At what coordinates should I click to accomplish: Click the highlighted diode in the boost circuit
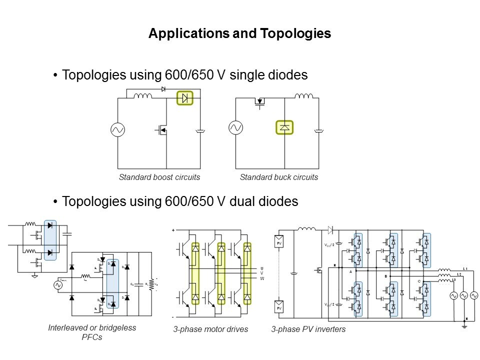click(185, 98)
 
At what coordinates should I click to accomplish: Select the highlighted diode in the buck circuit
click(284, 127)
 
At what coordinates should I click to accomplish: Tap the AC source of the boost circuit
click(117, 130)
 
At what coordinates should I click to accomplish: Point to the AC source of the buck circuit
click(235, 128)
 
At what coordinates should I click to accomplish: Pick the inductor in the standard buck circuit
click(303, 96)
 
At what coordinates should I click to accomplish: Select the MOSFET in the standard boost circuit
click(161, 131)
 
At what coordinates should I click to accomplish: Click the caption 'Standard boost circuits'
click(159, 177)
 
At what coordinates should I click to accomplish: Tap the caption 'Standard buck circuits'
click(279, 177)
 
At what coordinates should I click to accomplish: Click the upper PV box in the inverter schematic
click(280, 242)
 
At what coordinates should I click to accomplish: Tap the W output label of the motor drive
click(261, 278)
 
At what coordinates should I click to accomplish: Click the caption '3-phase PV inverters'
click(308, 329)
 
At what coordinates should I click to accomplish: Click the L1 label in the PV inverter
click(465, 269)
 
